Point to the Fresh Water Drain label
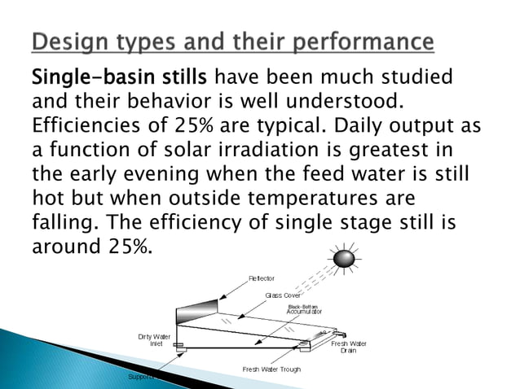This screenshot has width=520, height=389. [348, 347]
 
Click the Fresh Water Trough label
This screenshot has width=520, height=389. [271, 369]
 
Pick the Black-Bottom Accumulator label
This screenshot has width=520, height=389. [304, 309]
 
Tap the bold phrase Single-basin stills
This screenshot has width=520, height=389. [120, 79]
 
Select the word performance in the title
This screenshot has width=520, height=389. [368, 41]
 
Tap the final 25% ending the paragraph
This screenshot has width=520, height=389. [130, 247]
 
